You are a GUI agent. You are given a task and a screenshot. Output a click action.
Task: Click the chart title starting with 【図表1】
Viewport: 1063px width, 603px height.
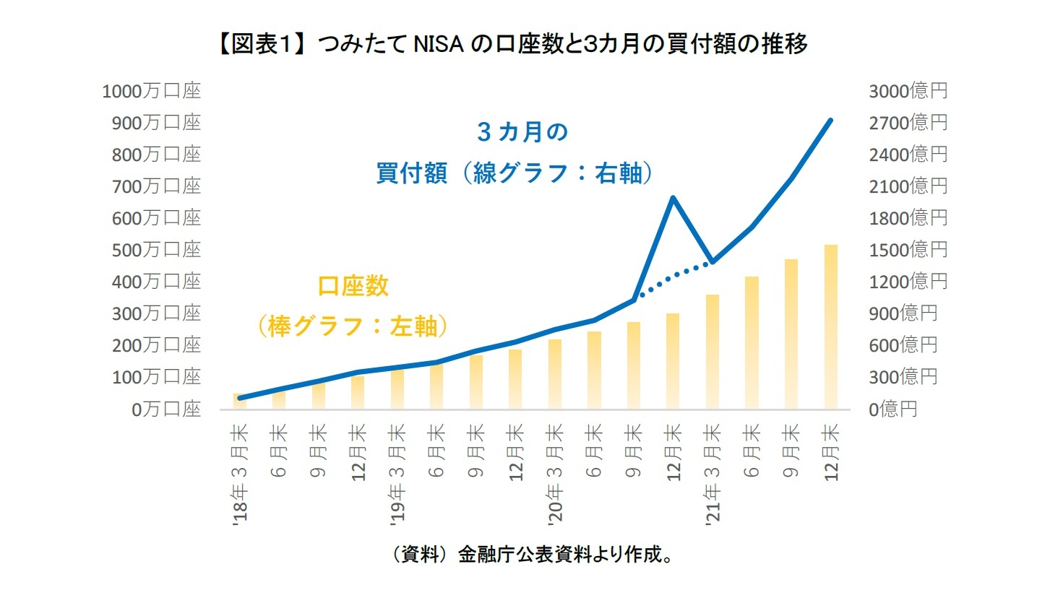pyautogui.click(x=511, y=44)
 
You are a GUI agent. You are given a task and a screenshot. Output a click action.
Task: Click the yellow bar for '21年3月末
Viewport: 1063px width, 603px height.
pyautogui.click(x=713, y=352)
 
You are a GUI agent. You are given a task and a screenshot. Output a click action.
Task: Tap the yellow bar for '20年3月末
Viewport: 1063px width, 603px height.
pyautogui.click(x=555, y=374)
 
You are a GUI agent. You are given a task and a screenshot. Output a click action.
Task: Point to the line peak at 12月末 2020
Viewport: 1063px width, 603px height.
pyautogui.click(x=673, y=197)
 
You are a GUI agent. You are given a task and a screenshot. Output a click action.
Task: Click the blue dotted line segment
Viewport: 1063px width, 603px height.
pyautogui.click(x=673, y=279)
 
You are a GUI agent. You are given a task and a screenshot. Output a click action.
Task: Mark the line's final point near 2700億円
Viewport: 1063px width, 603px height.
pyautogui.click(x=830, y=121)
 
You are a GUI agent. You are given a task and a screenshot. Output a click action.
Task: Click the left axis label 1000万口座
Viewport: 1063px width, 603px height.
pyautogui.click(x=151, y=91)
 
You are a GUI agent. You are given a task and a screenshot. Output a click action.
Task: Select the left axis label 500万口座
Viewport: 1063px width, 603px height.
pyautogui.click(x=156, y=250)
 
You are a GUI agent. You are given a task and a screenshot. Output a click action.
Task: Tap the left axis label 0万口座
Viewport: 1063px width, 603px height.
pyautogui.click(x=166, y=409)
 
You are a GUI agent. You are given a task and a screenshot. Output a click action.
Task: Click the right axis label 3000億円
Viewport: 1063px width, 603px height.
pyautogui.click(x=908, y=91)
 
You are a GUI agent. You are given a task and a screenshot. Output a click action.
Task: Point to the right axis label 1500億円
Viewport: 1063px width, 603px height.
pyautogui.click(x=908, y=250)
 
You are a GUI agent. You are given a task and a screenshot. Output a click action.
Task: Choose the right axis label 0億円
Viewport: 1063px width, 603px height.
pyautogui.click(x=893, y=409)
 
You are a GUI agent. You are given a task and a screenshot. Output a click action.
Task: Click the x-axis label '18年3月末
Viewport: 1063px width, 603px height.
pyautogui.click(x=240, y=472)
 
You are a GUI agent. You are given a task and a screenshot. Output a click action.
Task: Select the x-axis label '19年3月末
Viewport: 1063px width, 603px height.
pyautogui.click(x=397, y=472)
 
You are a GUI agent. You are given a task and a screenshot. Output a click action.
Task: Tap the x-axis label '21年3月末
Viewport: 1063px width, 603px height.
pyautogui.click(x=713, y=472)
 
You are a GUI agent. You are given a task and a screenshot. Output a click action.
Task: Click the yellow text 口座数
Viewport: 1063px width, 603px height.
pyautogui.click(x=353, y=286)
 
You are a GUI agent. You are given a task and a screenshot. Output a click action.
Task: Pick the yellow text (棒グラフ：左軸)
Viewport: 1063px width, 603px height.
pyautogui.click(x=353, y=326)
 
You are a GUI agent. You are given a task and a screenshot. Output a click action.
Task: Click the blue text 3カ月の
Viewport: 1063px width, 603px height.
pyautogui.click(x=522, y=132)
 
